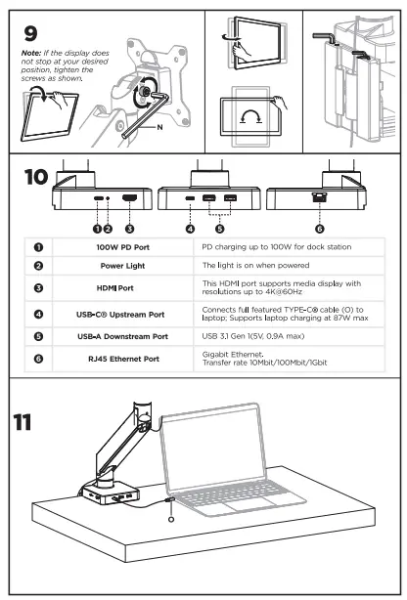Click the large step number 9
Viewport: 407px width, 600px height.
click(x=30, y=33)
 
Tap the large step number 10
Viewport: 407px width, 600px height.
click(x=36, y=177)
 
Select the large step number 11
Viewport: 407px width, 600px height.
click(x=23, y=422)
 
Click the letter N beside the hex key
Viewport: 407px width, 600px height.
click(x=159, y=127)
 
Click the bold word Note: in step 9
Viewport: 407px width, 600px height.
click(x=31, y=53)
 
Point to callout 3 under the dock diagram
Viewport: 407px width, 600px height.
click(x=129, y=229)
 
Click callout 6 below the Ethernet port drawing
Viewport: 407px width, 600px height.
click(x=320, y=229)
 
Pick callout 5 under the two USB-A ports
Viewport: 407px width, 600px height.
click(x=219, y=229)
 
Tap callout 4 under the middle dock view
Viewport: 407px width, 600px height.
click(x=190, y=229)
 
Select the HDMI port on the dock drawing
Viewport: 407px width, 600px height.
click(x=129, y=198)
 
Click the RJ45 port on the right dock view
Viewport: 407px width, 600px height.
click(x=319, y=197)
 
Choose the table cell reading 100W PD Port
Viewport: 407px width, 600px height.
click(x=122, y=247)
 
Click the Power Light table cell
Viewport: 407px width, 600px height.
click(x=122, y=266)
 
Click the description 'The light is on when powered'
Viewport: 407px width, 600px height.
click(x=255, y=265)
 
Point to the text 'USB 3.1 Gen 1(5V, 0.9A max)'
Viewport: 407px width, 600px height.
click(x=253, y=336)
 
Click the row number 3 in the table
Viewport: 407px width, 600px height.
click(x=38, y=287)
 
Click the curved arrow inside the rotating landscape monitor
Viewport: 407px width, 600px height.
click(x=250, y=114)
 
